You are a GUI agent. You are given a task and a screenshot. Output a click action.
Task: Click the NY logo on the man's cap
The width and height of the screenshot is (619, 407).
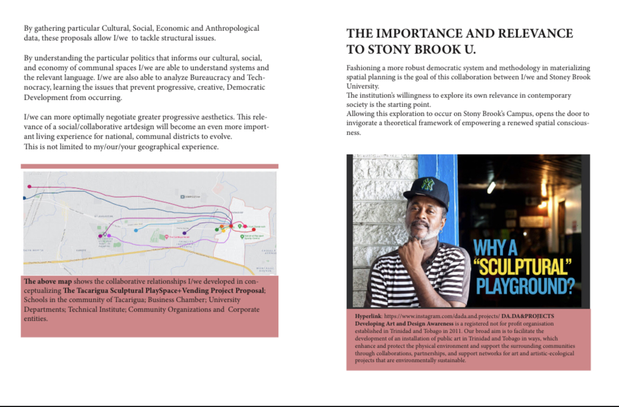click(426, 185)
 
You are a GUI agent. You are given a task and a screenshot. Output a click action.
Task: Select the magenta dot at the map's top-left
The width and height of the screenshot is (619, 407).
click(29, 187)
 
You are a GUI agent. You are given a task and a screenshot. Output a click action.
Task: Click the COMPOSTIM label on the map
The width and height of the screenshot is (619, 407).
click(191, 197)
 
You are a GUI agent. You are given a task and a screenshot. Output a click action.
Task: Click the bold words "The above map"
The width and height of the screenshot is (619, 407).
click(45, 282)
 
